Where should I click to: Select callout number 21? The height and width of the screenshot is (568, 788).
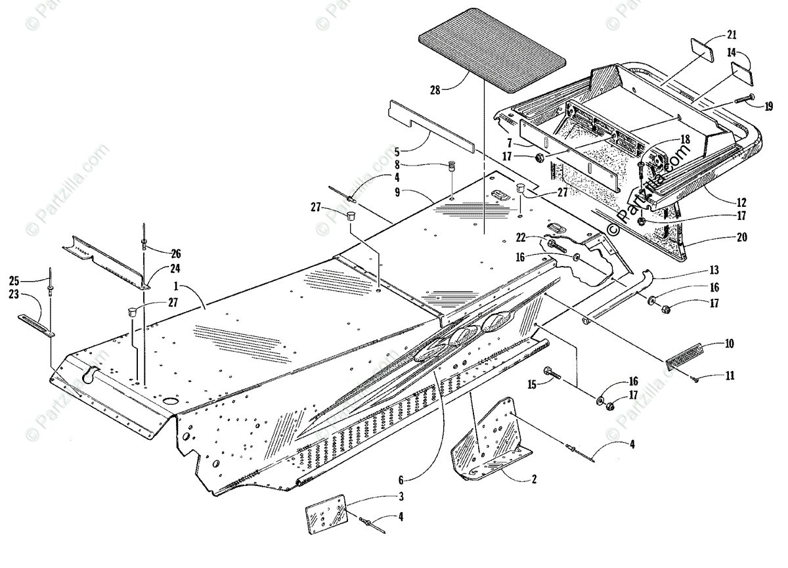coord(732,35)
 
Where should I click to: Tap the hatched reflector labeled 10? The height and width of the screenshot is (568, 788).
coord(691,356)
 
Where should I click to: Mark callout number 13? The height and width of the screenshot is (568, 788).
coord(714,270)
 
